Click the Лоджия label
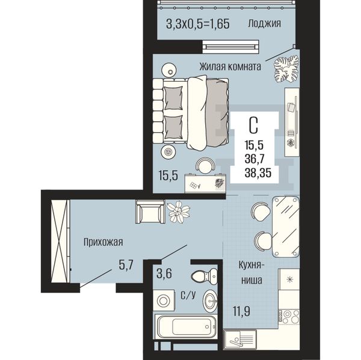click(x=264, y=23)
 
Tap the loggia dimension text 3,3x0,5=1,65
click(x=198, y=23)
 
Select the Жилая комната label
click(x=230, y=67)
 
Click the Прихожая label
click(x=103, y=242)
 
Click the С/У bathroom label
click(x=188, y=295)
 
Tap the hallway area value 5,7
click(x=126, y=266)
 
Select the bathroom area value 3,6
click(x=164, y=273)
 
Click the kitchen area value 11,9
click(x=241, y=311)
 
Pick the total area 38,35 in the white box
click(x=258, y=172)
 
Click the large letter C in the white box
click(x=253, y=126)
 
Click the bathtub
click(x=185, y=327)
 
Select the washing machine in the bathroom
click(x=164, y=301)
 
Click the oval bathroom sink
click(x=210, y=301)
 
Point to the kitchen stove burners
click(x=289, y=317)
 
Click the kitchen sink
click(x=240, y=344)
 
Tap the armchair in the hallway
click(x=150, y=212)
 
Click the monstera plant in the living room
click(x=286, y=69)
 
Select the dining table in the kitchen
click(x=286, y=227)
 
